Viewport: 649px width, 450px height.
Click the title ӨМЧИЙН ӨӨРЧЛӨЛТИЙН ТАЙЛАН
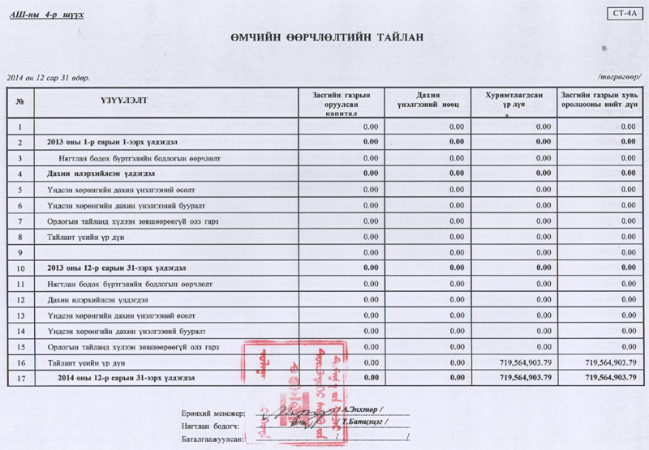[x=326, y=38]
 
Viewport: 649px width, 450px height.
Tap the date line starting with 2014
[x=48, y=78]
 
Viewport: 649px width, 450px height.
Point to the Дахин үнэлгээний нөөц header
[x=428, y=100]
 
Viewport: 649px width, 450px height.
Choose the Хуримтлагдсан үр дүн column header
[x=514, y=100]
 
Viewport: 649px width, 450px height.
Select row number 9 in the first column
[x=19, y=252]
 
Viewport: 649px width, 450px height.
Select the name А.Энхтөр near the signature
[x=363, y=410]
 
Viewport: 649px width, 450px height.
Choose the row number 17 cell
[x=19, y=377]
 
